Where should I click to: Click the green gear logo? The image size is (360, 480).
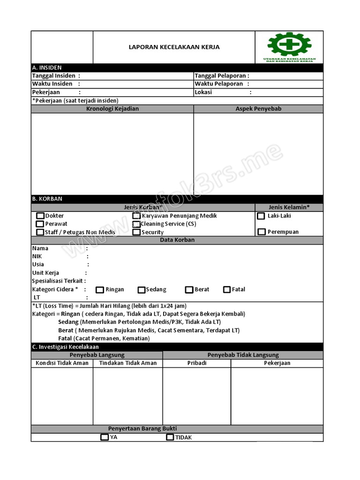click(x=289, y=45)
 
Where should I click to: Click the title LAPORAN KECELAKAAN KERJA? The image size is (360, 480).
click(x=174, y=47)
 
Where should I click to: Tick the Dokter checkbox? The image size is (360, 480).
click(x=40, y=216)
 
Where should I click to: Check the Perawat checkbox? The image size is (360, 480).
click(x=40, y=224)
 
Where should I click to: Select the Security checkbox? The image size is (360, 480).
click(x=136, y=232)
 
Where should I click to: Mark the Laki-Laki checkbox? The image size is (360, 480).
click(x=261, y=216)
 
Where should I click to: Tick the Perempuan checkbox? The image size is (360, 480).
click(x=261, y=232)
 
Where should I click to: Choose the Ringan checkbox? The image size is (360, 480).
click(x=100, y=290)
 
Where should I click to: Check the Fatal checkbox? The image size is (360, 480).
click(x=227, y=290)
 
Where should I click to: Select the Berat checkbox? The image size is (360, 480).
click(x=189, y=290)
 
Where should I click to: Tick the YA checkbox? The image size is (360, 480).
click(x=105, y=437)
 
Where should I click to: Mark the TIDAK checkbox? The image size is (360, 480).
click(x=170, y=437)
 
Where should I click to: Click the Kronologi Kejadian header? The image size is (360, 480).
click(x=112, y=109)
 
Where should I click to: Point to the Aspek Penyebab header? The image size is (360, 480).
click(x=258, y=109)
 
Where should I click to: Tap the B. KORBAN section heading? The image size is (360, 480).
click(x=47, y=199)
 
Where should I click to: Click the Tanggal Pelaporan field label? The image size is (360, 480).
click(x=222, y=76)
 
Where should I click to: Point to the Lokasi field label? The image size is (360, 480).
click(x=203, y=92)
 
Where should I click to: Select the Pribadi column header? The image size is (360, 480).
click(x=197, y=363)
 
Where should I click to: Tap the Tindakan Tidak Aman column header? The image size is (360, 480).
click(x=128, y=363)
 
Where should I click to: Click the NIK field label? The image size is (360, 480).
click(x=37, y=256)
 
